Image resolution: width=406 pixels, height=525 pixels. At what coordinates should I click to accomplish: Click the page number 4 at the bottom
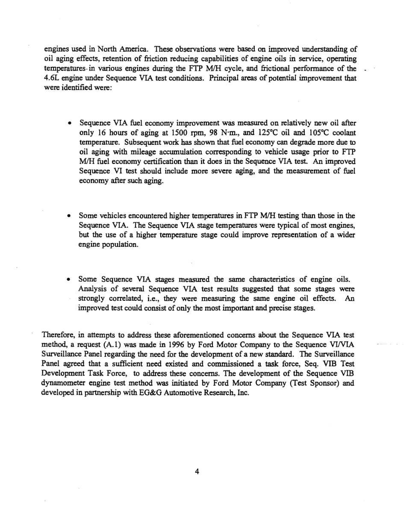pos(197,472)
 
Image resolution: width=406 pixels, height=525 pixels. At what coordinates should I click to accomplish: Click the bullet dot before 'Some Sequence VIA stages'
pos(69,280)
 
